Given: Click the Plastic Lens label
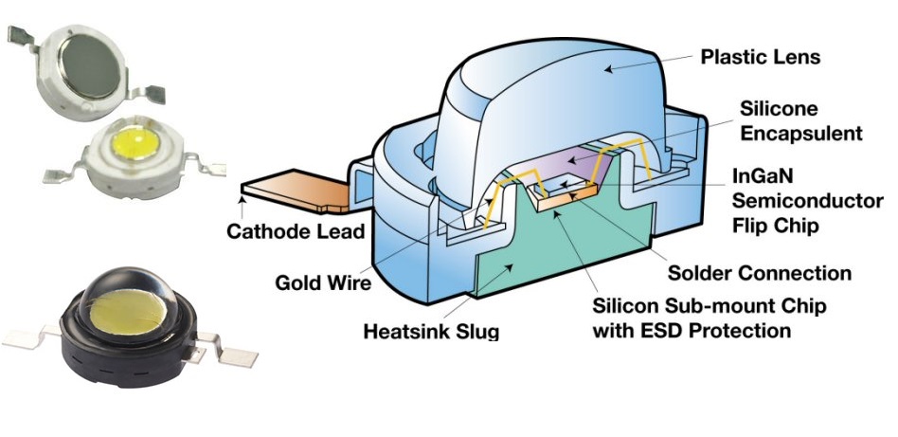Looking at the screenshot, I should pos(760,57).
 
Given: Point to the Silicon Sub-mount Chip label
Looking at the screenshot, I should pos(708,307).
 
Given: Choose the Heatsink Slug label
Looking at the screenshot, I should pos(430,332).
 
